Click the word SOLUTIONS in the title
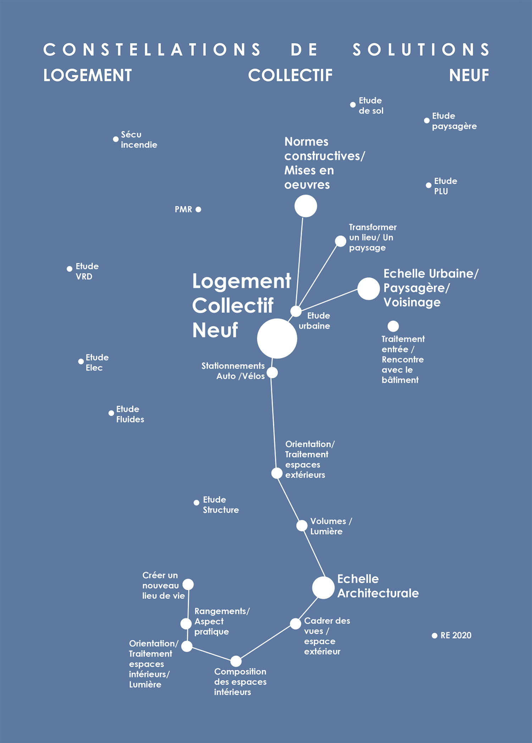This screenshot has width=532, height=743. pos(421,50)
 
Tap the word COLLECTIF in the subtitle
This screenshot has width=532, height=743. pos(290,75)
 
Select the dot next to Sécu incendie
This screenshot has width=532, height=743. pos(116,139)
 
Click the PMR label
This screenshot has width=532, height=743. pos(183,209)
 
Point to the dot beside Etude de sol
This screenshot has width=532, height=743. pos(353,105)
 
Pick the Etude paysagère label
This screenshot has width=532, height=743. pos(454,121)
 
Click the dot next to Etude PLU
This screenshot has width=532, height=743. pos(428,185)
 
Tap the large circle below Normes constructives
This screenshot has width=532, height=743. pos(306,206)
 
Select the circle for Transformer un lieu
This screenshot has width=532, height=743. pos(340,241)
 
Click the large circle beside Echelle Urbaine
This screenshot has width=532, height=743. pos(368,289)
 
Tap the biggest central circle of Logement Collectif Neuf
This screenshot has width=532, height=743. pos(277,338)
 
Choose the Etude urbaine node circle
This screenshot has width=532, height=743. pos(296,311)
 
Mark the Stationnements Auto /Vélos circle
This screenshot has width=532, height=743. pos(272,373)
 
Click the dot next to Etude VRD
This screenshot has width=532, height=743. pos(70,269)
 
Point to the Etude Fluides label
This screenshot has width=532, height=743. pos(130,414)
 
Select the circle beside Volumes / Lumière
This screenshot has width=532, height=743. pos(302,526)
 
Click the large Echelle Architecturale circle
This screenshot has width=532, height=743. pos(323,588)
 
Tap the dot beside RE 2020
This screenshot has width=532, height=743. pos(434,635)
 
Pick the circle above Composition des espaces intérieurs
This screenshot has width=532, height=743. pos(236,661)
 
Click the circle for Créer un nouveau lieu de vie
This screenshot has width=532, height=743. pos(188,584)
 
